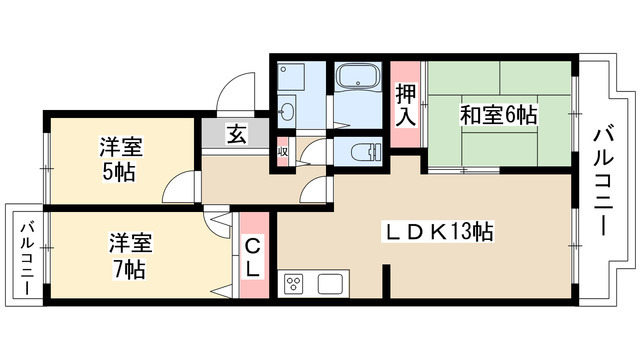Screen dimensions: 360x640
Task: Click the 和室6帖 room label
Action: pos(498,114)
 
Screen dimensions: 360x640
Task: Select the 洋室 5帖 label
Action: pos(120,158)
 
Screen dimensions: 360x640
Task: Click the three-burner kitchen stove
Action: pos(295,283)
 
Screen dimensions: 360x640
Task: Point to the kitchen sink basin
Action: pos(330,283)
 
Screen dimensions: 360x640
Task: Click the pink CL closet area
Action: pos(254,270)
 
